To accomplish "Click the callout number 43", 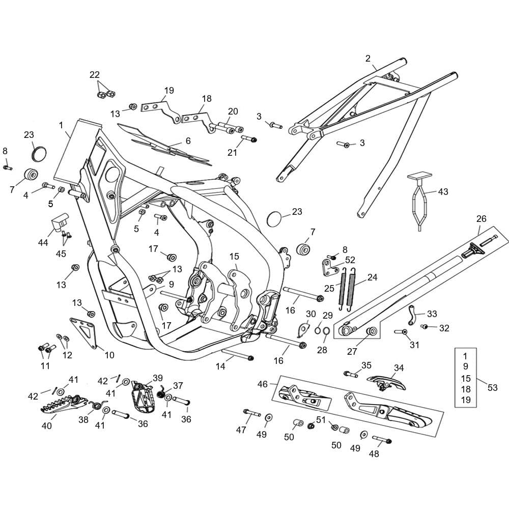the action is point(443,191).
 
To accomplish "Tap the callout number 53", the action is point(492,387).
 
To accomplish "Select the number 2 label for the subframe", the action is point(368,59).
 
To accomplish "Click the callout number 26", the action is point(482,218).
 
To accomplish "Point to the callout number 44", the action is point(43,242).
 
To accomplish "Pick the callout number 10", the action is point(109,355).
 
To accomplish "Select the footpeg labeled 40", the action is point(64,404).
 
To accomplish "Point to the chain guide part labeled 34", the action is point(386,382).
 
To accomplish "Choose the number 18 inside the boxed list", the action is point(466,389).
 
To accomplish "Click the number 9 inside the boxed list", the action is point(466,366).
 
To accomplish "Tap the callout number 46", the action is point(262,384).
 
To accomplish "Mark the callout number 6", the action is point(188,141).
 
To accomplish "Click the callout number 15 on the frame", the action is point(234,257).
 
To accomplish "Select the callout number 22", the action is point(95,75).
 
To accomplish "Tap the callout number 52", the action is point(350,260).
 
